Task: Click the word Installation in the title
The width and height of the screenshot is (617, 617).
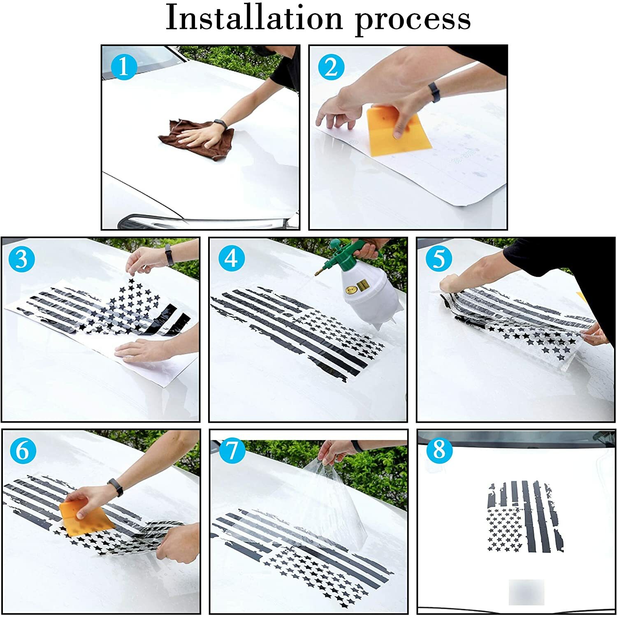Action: pos(254,19)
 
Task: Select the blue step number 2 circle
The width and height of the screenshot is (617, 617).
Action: pos(331,67)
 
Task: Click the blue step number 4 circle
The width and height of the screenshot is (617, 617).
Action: pos(231,259)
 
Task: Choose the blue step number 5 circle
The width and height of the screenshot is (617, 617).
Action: pos(439,259)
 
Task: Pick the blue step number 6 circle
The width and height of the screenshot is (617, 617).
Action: pos(23,450)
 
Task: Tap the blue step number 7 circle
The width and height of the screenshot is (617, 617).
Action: pos(232,450)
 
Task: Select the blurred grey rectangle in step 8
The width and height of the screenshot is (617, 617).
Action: pos(527,592)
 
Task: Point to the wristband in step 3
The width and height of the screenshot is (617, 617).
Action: pos(168,255)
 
